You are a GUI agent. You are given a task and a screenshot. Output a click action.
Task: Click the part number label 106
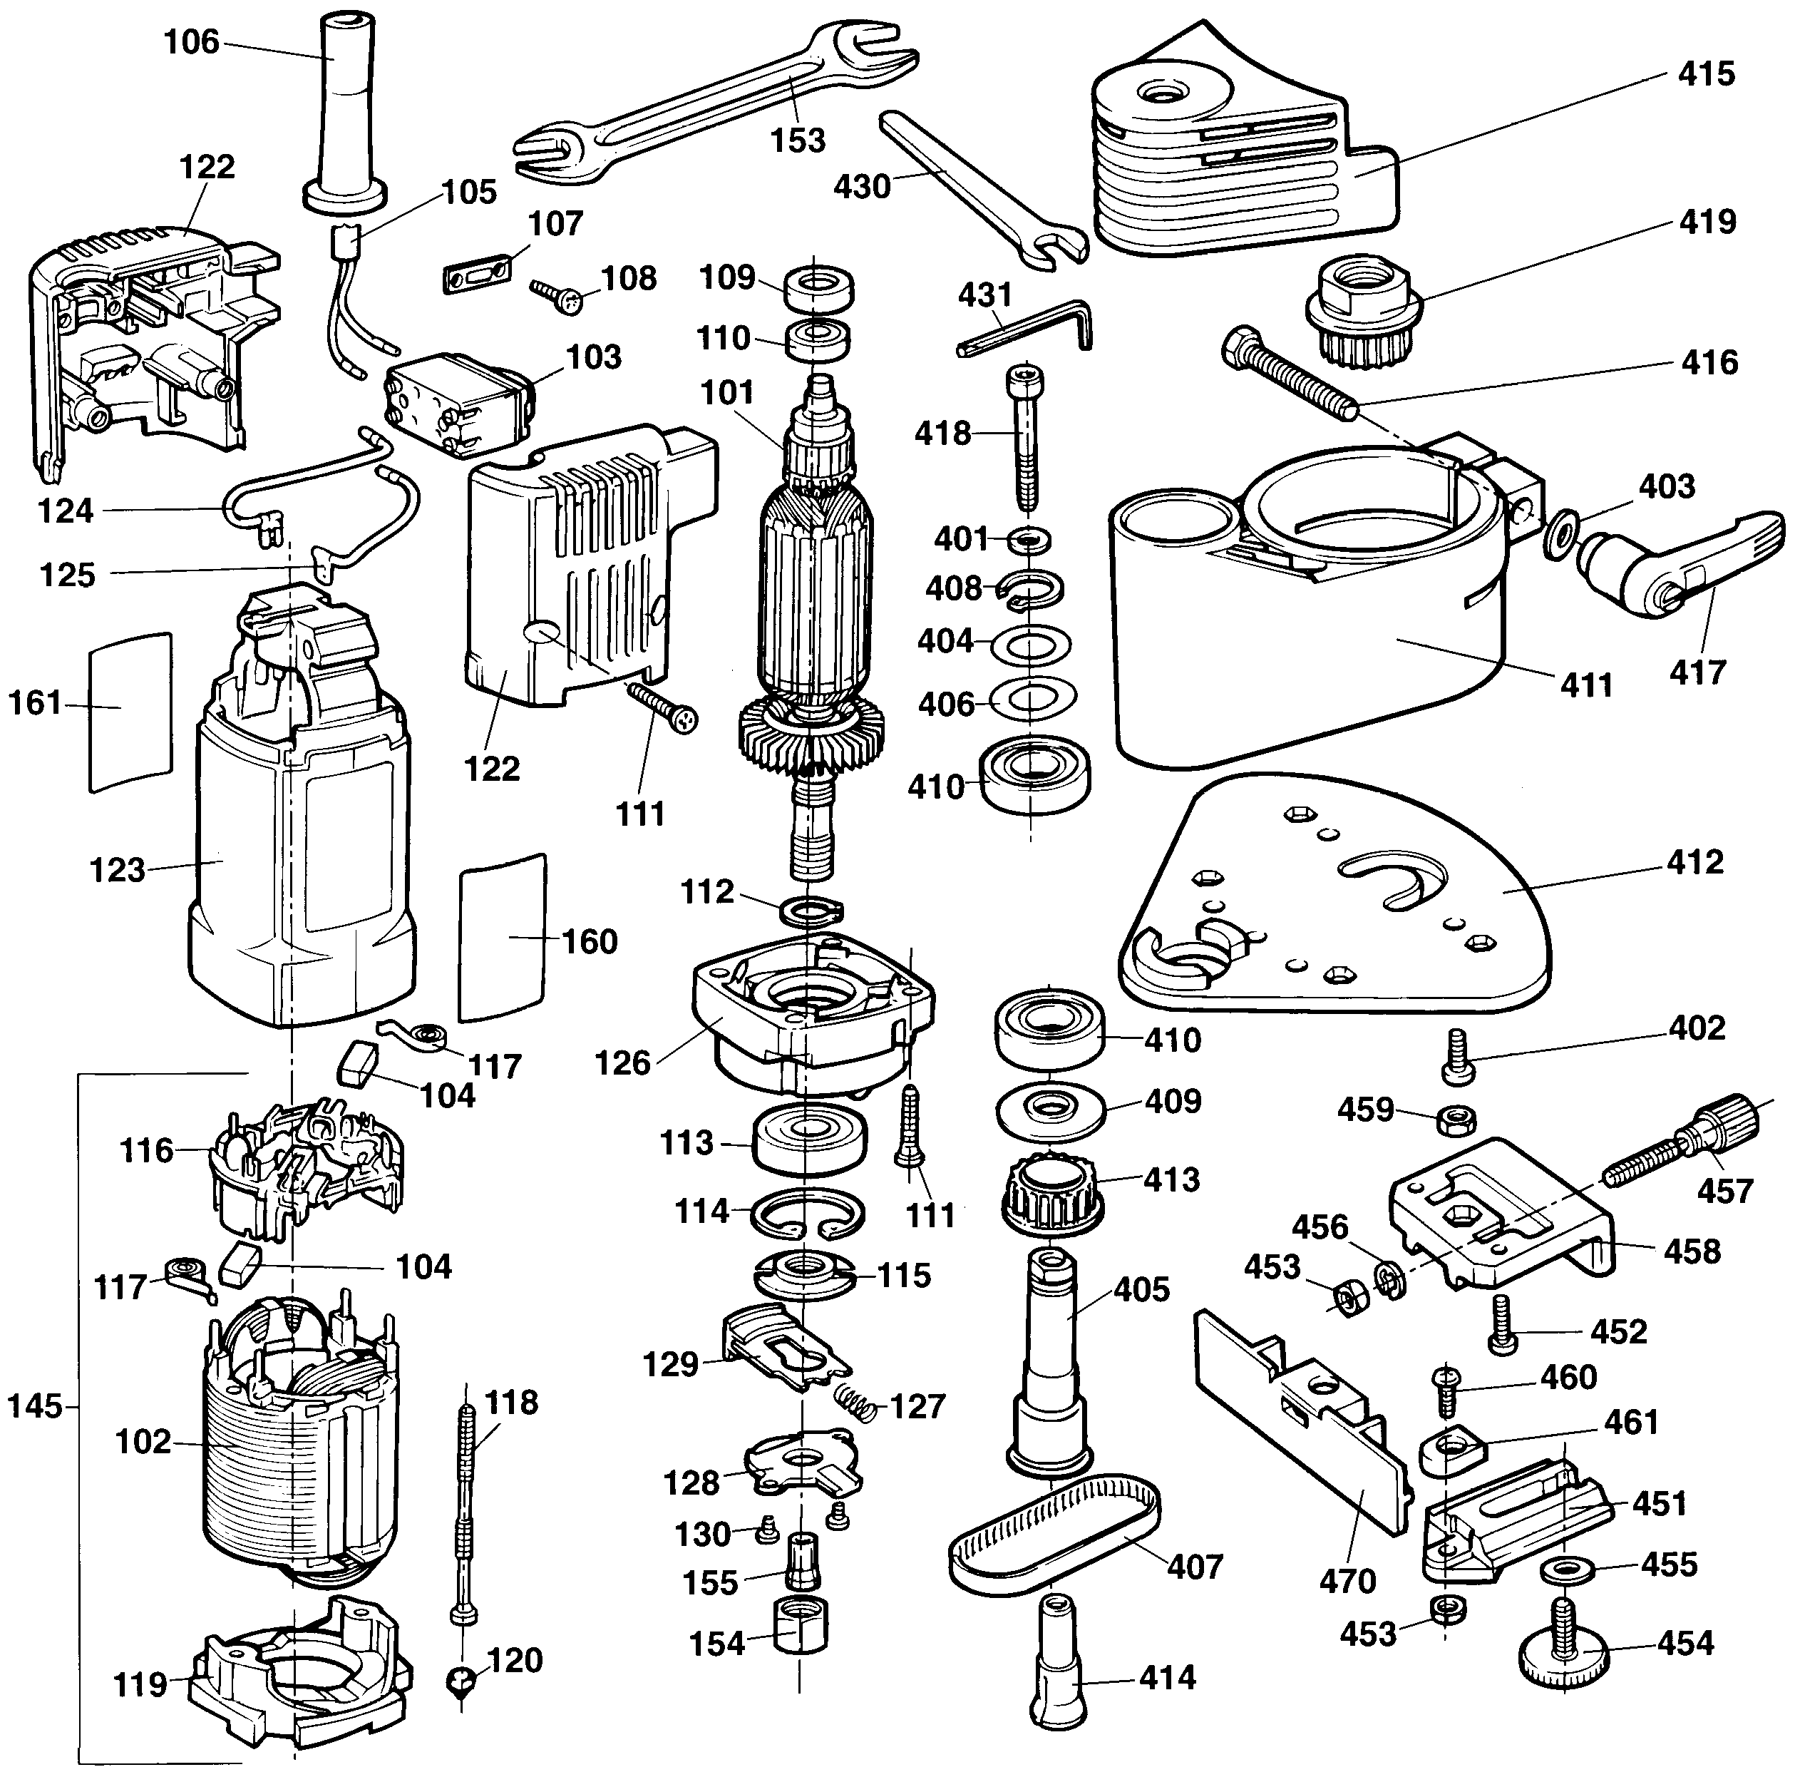tap(191, 42)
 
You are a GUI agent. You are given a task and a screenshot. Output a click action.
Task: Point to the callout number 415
tap(1706, 73)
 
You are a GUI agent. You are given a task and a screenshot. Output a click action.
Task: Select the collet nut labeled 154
tap(800, 1644)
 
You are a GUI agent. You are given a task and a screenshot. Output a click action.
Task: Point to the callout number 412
tap(1694, 861)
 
